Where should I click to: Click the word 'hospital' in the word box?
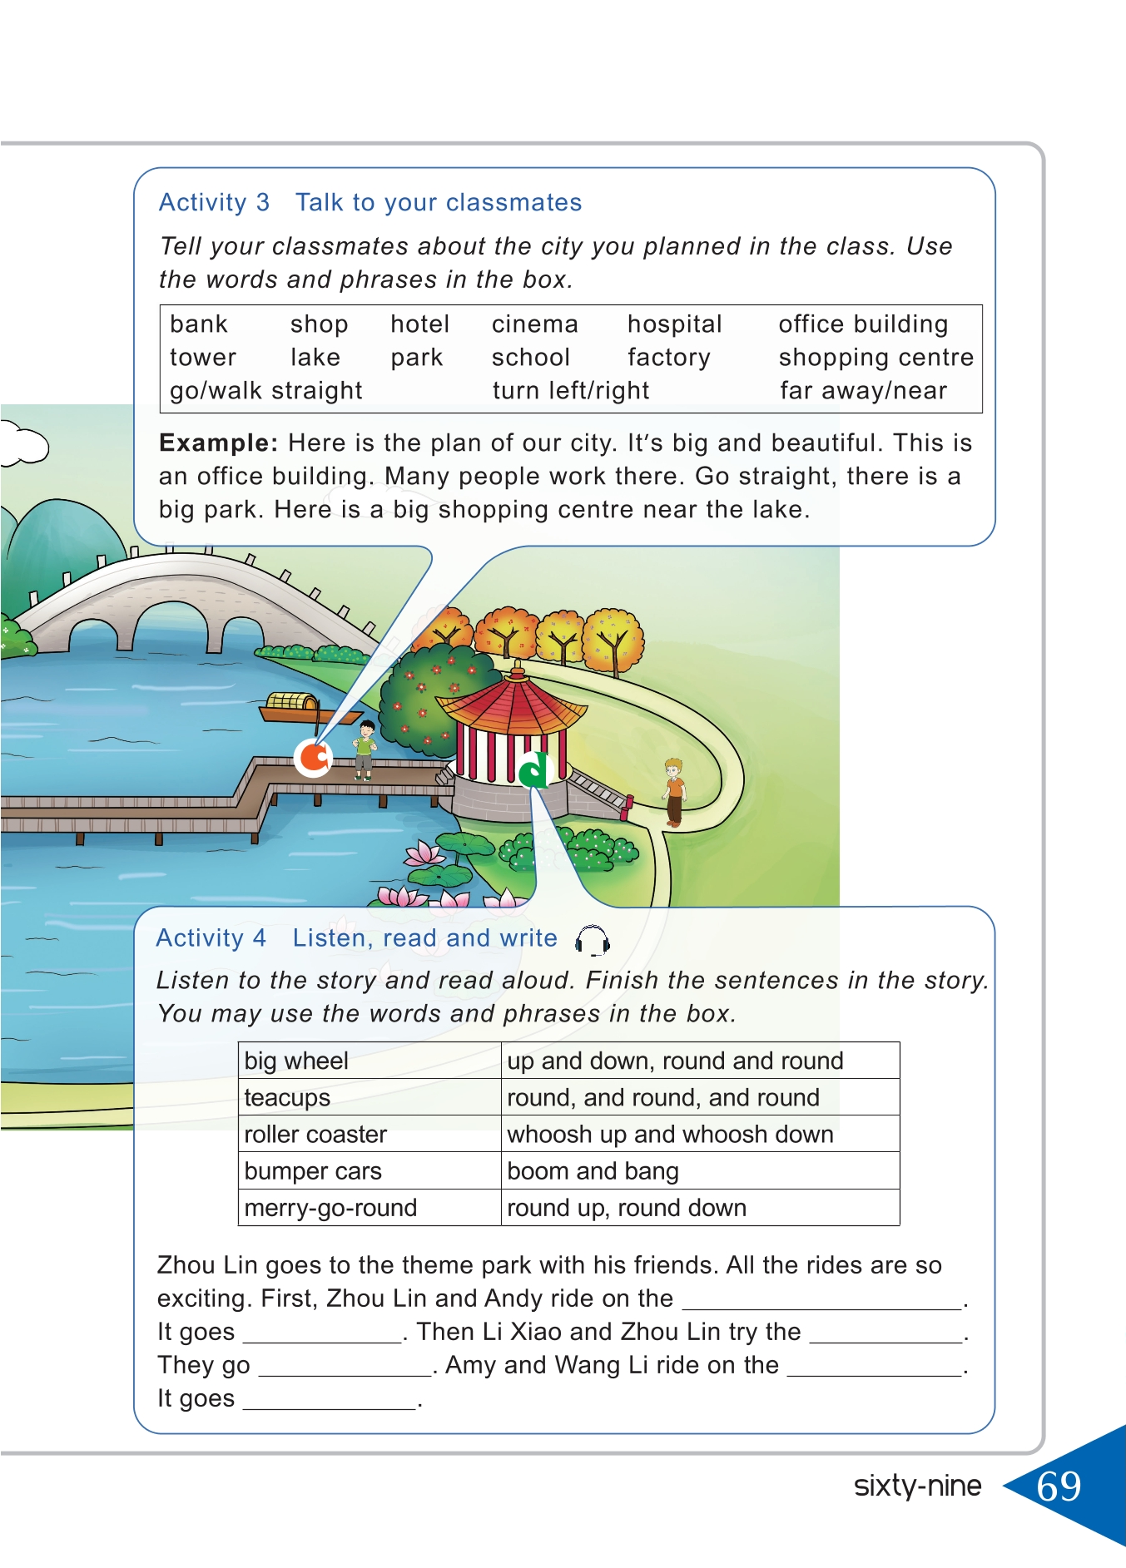click(674, 324)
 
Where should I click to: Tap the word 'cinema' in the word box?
click(534, 324)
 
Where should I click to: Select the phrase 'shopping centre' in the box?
click(876, 358)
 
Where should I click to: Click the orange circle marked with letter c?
click(314, 757)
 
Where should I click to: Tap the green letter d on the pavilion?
click(533, 769)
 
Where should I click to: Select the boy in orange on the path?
click(673, 791)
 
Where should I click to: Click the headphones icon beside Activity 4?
click(593, 941)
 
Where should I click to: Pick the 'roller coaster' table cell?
click(315, 1135)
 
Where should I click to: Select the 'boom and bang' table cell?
click(593, 1171)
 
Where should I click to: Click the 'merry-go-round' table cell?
click(330, 1208)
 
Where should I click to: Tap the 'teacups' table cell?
click(287, 1098)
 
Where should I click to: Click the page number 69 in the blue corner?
click(1059, 1486)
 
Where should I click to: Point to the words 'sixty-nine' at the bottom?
click(917, 1486)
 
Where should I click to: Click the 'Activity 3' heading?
click(214, 203)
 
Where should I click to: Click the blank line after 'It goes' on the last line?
click(330, 1401)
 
